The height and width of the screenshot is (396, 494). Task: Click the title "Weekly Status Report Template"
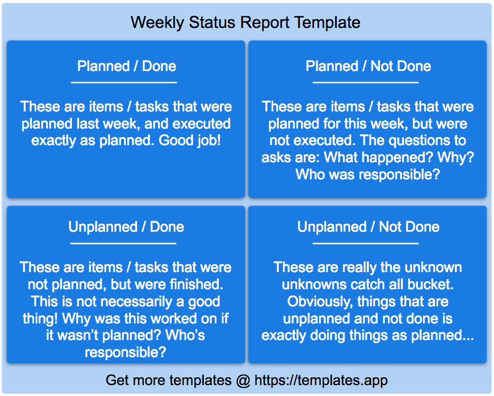pos(245,23)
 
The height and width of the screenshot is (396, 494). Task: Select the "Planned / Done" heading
pos(127,66)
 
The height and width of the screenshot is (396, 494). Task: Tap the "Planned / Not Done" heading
pos(368,66)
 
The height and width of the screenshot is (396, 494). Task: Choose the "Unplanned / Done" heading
pos(126,227)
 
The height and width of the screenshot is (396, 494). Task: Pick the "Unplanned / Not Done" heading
pos(368,227)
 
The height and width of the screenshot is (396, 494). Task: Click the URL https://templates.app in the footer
pos(321,380)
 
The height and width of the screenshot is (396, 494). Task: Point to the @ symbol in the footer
pos(243,380)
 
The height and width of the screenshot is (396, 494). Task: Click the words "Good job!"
pos(190,140)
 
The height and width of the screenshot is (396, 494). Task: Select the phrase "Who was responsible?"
pos(368,174)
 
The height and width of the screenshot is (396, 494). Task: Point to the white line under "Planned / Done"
pos(124,83)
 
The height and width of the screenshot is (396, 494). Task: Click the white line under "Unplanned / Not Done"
pos(366,244)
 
